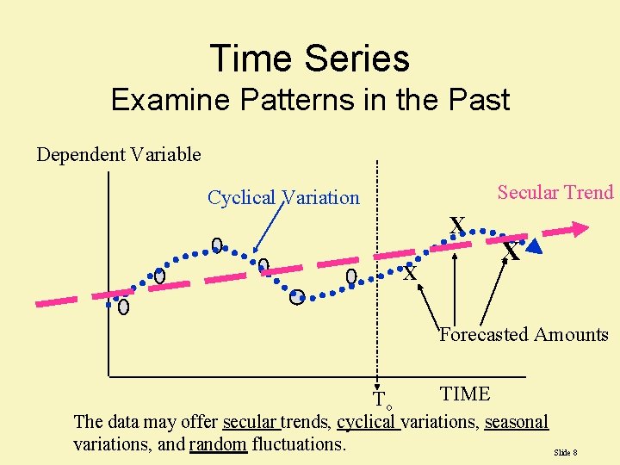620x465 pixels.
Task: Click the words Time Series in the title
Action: pos(310,59)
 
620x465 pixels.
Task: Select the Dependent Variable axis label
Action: pos(118,155)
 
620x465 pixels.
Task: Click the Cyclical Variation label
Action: pos(283,197)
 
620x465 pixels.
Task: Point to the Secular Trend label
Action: pos(555,192)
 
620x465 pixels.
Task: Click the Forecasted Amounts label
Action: pos(524,335)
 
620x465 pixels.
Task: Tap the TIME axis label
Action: pos(464,394)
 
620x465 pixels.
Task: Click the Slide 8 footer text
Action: pos(565,452)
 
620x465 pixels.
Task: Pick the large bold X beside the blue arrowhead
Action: pos(512,253)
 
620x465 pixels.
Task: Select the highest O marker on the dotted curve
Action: pos(218,245)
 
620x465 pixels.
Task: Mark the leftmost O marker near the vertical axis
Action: pos(124,307)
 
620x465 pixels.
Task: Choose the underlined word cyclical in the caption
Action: pos(368,422)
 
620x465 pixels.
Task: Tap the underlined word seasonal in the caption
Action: pos(516,422)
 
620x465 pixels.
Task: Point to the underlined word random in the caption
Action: pos(218,444)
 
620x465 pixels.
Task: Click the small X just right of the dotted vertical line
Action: pos(411,274)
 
